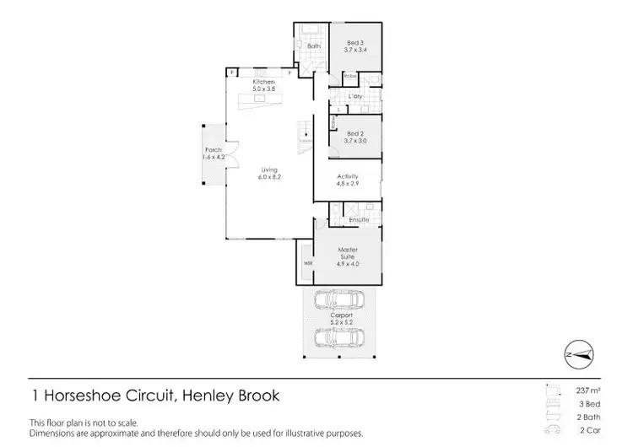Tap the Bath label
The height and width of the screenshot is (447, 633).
coord(313,46)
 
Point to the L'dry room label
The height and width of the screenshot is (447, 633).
coord(355,96)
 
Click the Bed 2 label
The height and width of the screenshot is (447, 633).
coord(354,135)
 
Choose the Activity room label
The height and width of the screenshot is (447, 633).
coord(348,176)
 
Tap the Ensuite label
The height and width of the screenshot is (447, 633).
coord(360,220)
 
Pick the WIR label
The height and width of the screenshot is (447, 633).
coord(306,262)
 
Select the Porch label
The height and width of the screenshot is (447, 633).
coord(213,150)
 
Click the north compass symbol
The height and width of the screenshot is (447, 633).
coord(580,353)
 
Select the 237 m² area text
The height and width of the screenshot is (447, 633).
coord(587,390)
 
